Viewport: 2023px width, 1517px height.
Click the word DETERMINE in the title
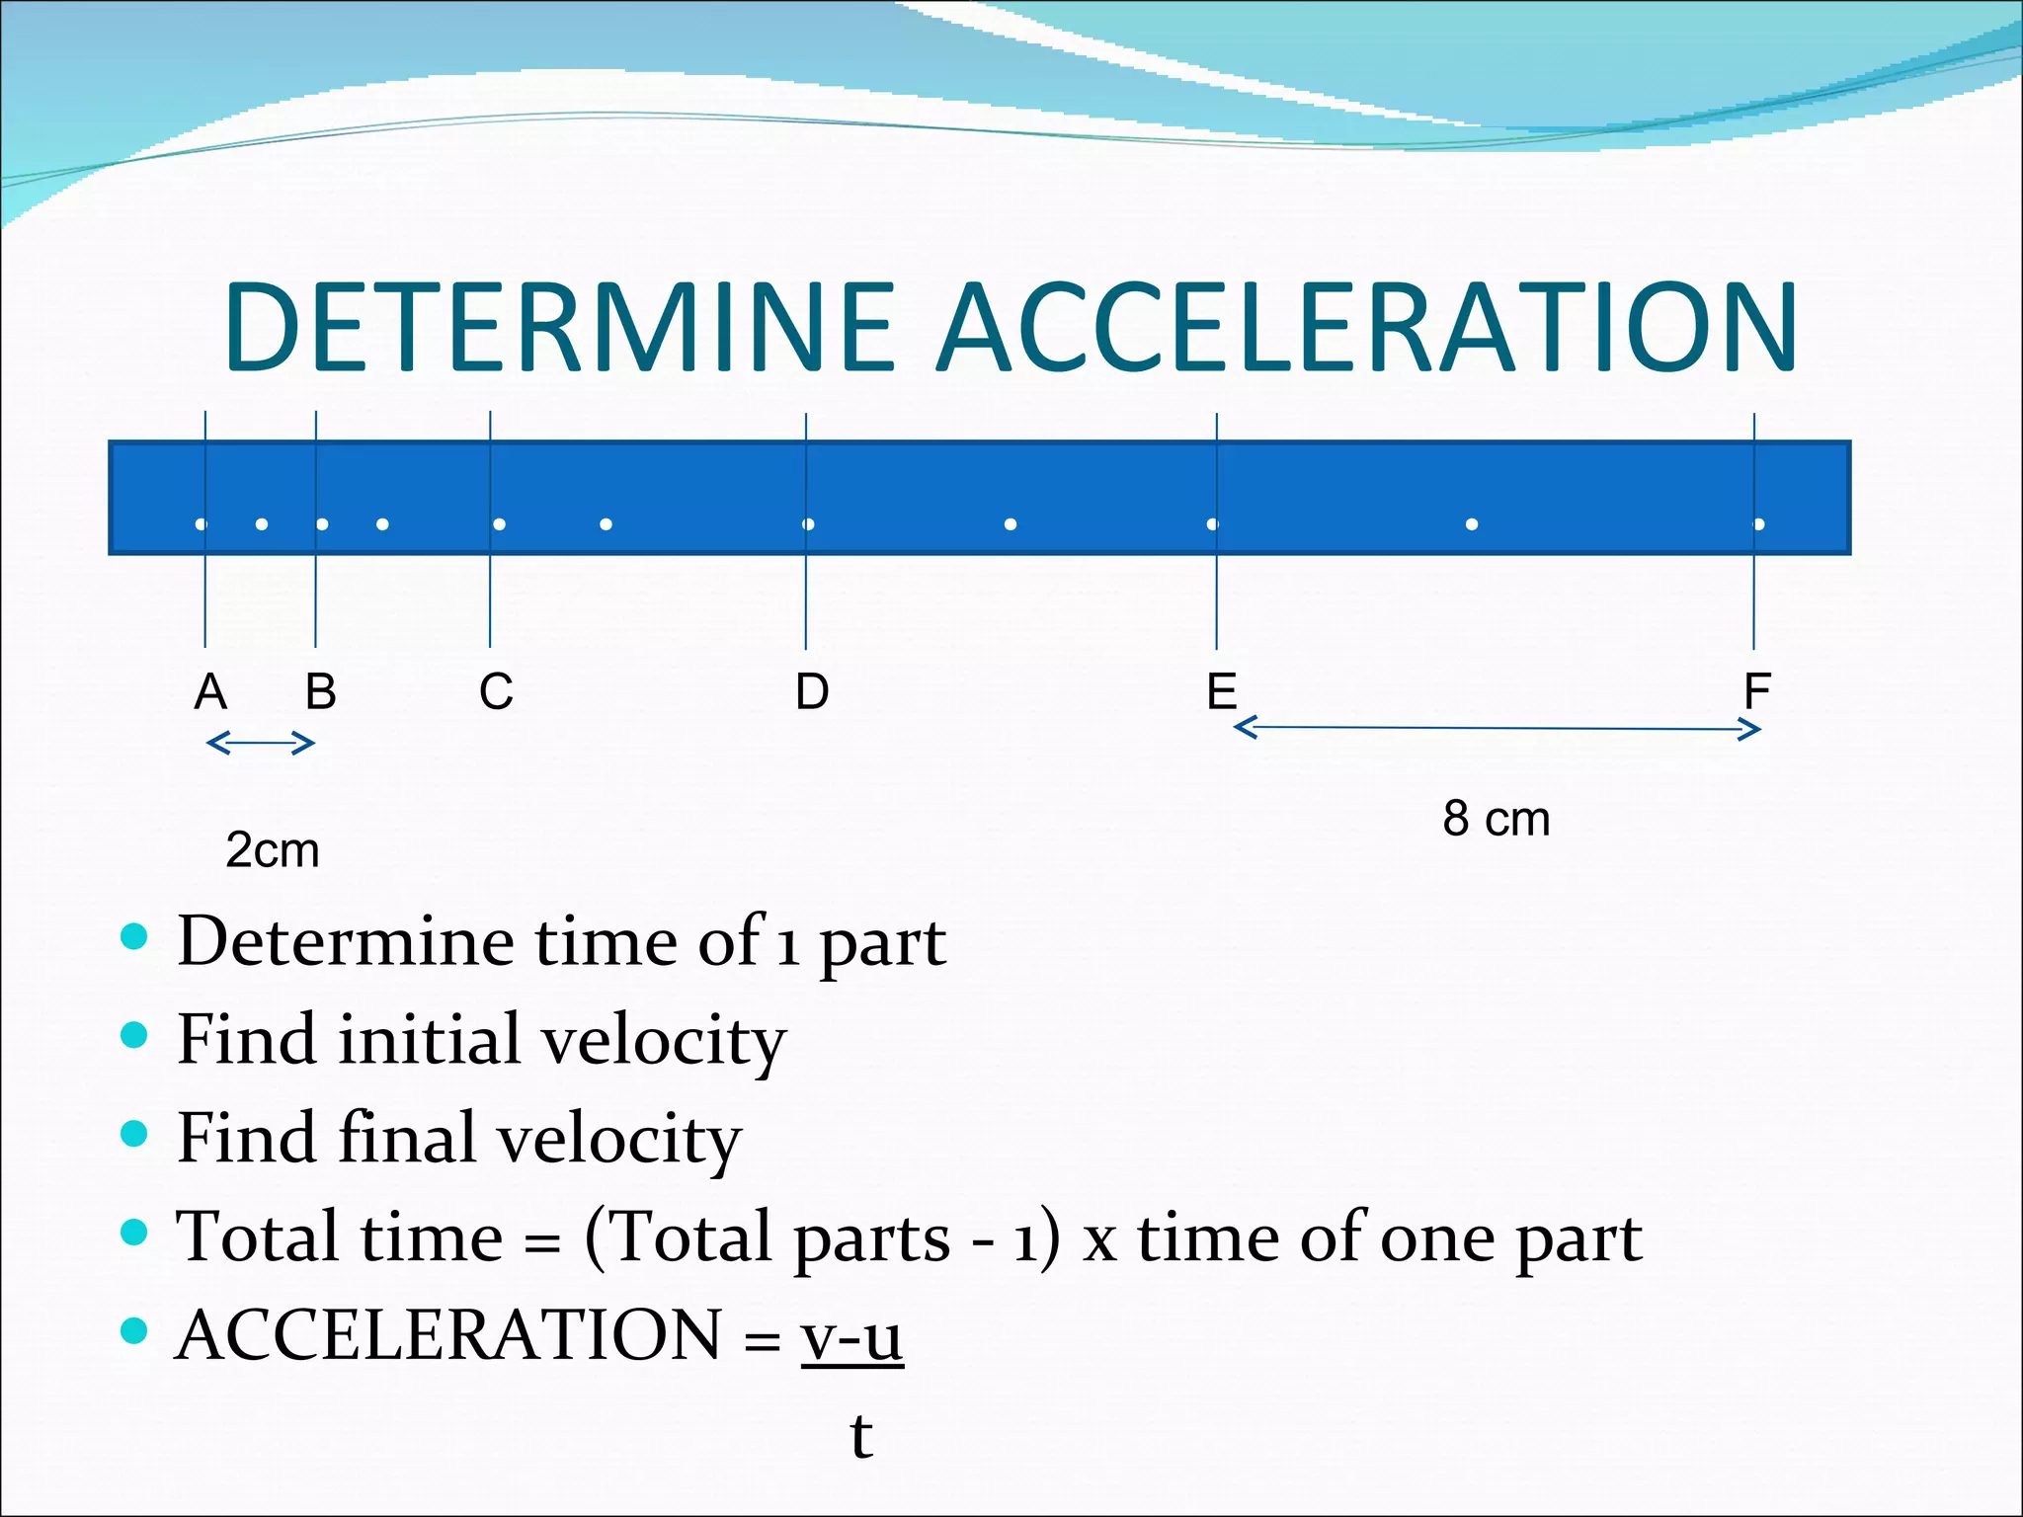pos(559,328)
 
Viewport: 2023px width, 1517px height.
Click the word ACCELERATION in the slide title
pos(1367,328)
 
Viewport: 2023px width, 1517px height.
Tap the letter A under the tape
pos(210,691)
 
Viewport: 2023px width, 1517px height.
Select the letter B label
pos(320,691)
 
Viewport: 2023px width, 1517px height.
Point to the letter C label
pos(496,691)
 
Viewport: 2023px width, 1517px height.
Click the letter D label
pos(812,691)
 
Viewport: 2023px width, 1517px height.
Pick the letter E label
pos(1222,691)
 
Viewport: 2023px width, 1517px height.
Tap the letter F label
pos(1756,691)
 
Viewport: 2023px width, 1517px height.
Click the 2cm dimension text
pos(273,850)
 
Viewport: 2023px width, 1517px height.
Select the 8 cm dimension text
pos(1496,819)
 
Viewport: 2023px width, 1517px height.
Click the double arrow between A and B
pos(260,743)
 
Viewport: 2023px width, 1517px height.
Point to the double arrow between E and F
pos(1497,729)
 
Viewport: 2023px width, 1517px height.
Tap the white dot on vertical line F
pos(1759,524)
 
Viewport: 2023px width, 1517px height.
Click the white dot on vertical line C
pos(499,524)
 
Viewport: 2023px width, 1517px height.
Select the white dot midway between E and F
pos(1472,524)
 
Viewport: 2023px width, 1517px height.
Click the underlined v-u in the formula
pos(851,1335)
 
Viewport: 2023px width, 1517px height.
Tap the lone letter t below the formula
pos(861,1435)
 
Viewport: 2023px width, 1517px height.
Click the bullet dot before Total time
pos(133,1232)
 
